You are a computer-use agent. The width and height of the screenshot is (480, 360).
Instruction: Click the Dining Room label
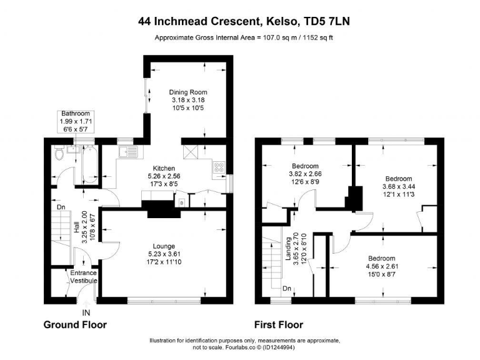coord(187,92)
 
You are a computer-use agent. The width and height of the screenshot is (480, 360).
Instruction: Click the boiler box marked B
coord(181,203)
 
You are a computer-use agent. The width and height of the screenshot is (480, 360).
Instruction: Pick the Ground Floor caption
coord(75,324)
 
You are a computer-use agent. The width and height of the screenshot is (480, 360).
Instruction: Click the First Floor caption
coord(278,324)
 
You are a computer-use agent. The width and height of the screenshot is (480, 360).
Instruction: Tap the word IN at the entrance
coord(86,312)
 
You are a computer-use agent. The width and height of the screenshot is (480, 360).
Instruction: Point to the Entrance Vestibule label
coord(83,277)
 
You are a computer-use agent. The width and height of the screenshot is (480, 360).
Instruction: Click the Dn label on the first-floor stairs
coord(287,289)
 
